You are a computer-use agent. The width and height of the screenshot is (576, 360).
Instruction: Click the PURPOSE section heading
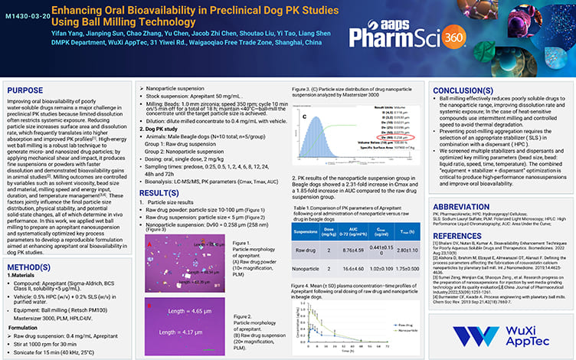[25, 90]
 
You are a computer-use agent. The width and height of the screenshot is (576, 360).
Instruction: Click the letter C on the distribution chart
[305, 117]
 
